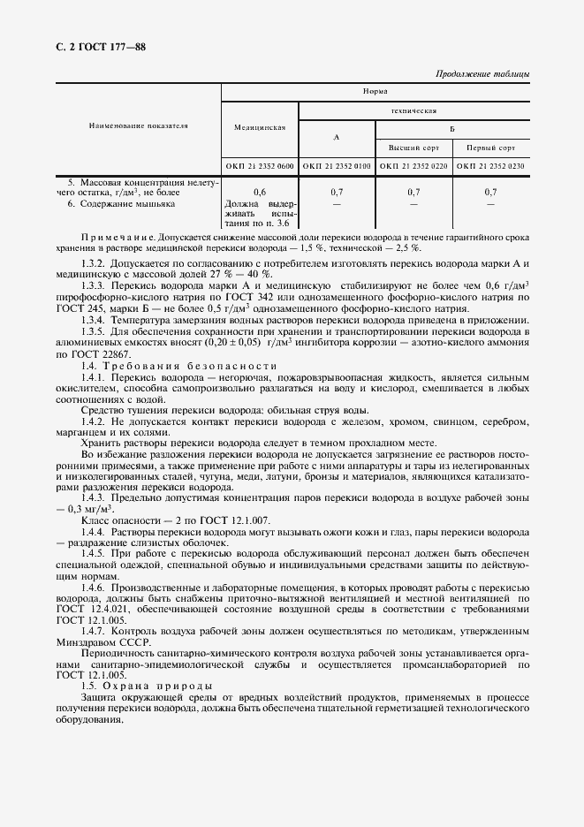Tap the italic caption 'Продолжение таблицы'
pos(483,74)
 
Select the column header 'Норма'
pos(375,91)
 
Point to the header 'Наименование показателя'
pos(139,125)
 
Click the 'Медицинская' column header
pos(260,127)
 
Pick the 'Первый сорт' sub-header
pos(490,148)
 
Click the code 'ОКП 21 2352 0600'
pos(260,166)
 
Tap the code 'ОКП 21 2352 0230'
pos(490,166)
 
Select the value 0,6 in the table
pos(260,192)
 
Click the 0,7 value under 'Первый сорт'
pos(490,192)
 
